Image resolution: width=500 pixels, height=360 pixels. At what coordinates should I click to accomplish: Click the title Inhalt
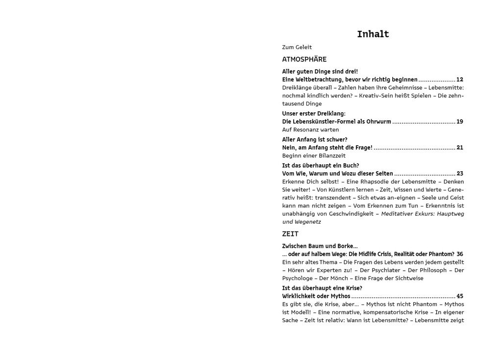(x=373, y=34)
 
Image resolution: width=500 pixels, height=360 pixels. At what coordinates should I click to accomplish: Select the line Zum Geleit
(x=297, y=47)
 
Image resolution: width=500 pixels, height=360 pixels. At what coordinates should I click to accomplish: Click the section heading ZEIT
(x=290, y=234)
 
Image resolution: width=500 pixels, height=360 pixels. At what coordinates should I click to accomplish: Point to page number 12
(x=459, y=79)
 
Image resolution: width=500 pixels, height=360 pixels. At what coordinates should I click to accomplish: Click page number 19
(x=459, y=122)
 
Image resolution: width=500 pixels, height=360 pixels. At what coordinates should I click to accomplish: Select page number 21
(x=459, y=148)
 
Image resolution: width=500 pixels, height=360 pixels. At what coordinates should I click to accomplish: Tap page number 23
(x=459, y=174)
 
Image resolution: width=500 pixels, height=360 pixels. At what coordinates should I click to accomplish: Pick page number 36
(x=459, y=254)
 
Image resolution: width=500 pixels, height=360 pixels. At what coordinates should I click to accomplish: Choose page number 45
(x=459, y=296)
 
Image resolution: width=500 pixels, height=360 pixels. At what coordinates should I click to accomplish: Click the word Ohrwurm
(x=378, y=122)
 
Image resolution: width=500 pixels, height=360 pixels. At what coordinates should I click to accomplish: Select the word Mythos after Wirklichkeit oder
(x=341, y=296)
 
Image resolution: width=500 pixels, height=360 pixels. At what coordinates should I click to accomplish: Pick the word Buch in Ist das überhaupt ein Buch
(x=350, y=166)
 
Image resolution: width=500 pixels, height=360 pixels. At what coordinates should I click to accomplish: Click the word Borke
(x=345, y=246)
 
